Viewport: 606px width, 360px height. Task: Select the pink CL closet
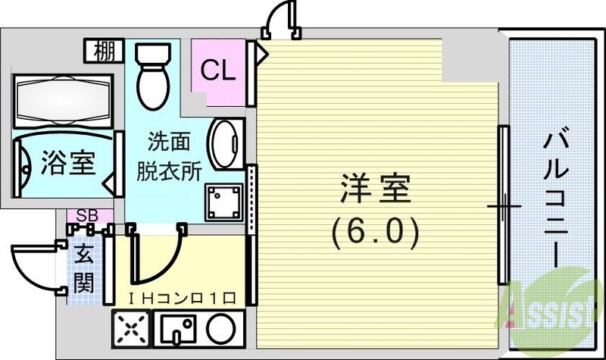click(x=219, y=71)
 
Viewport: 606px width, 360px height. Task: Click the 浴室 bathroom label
click(x=67, y=163)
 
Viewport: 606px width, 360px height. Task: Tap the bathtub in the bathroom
click(x=63, y=99)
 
